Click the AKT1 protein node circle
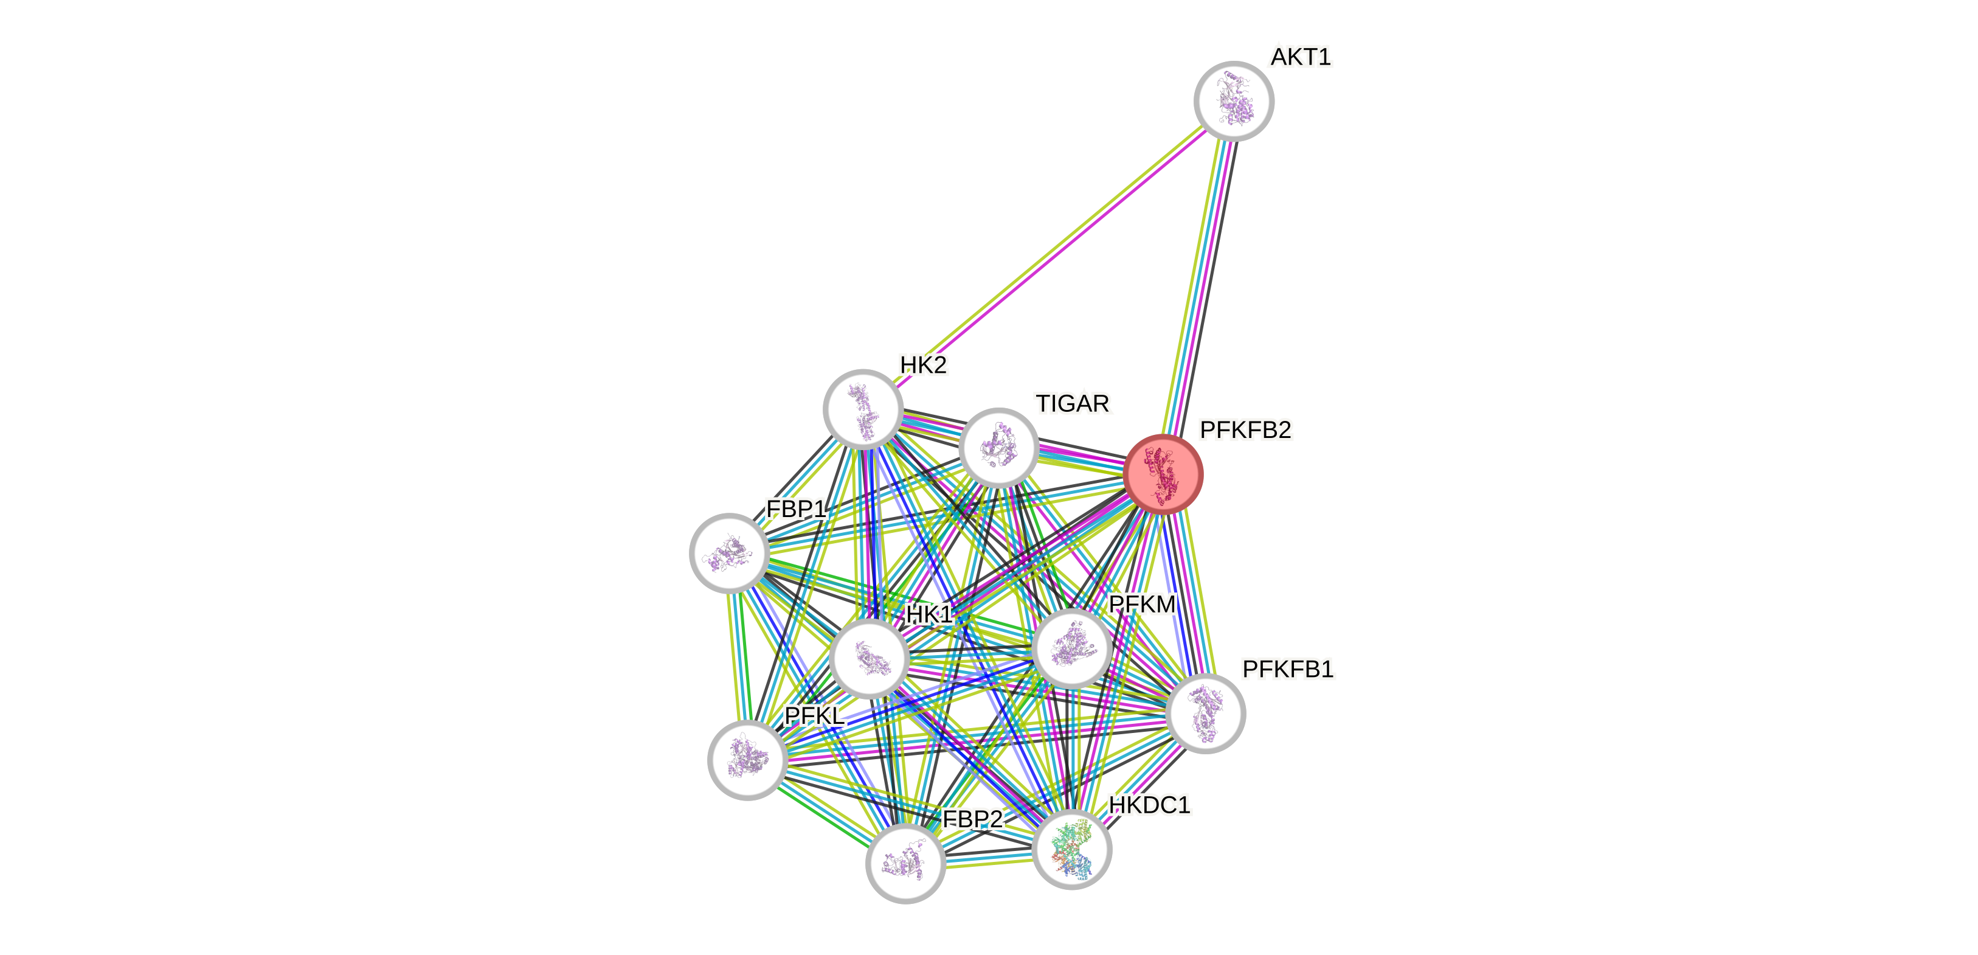coord(1234,100)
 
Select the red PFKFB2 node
coord(1163,474)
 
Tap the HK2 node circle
coord(863,409)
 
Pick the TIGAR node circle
coord(999,448)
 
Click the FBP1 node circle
coord(728,553)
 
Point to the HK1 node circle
coord(870,658)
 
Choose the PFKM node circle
coord(1071,648)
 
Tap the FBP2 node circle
coord(905,864)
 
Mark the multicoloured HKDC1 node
coord(1072,849)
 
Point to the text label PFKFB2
coord(1245,430)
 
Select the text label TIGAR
coord(1073,404)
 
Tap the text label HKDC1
coord(1149,805)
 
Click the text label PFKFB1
coord(1288,670)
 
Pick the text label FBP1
coord(795,509)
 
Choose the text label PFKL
coord(814,716)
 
